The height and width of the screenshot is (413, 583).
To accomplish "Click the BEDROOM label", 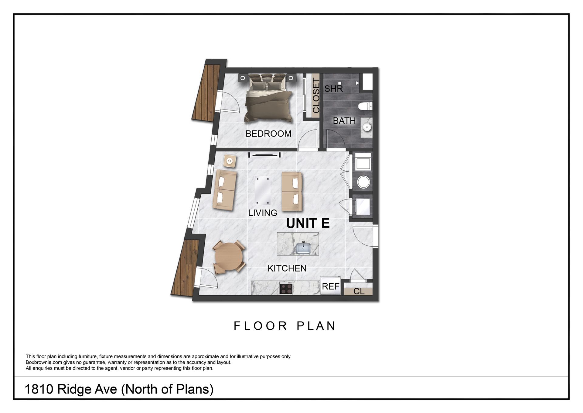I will (268, 134).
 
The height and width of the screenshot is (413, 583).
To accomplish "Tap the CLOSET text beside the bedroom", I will (316, 95).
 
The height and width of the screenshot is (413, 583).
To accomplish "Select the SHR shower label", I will (333, 88).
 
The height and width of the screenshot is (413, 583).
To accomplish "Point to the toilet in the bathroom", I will (365, 106).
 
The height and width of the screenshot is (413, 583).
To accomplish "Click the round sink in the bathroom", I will (367, 127).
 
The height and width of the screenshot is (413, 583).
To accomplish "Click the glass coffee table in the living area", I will (263, 190).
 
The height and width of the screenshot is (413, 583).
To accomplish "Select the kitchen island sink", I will (303, 248).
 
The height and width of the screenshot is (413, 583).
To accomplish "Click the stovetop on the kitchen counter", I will (286, 288).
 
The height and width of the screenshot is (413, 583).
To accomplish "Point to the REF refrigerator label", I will (330, 286).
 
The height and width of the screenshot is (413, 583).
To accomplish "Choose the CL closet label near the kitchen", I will (359, 291).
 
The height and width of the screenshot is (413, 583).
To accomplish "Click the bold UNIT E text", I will (308, 223).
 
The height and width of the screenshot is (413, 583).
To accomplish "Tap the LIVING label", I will (263, 213).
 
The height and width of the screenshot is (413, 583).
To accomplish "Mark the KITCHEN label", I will (287, 268).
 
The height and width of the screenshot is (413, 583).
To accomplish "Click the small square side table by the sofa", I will (230, 161).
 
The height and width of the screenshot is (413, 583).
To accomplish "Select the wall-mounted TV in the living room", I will (264, 155).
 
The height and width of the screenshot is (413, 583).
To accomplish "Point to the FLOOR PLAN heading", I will (285, 326).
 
